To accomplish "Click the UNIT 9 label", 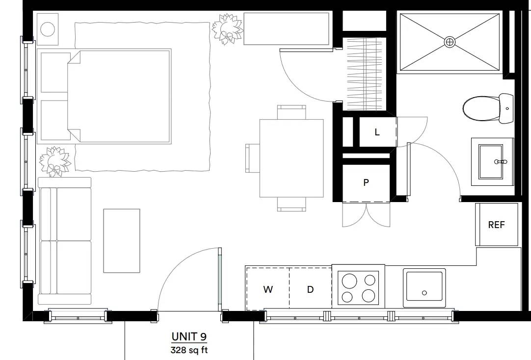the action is pyautogui.click(x=189, y=336).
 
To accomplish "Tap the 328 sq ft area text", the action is pyautogui.click(x=189, y=350).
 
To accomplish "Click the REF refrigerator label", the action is pyautogui.click(x=497, y=225).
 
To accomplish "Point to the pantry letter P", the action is pyautogui.click(x=366, y=183).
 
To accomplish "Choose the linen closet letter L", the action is pyautogui.click(x=377, y=132).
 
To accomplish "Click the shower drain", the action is pyautogui.click(x=450, y=42).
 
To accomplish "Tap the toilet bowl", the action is pyautogui.click(x=481, y=108).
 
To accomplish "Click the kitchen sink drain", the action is pyautogui.click(x=425, y=293).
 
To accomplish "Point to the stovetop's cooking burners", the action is pyautogui.click(x=358, y=288).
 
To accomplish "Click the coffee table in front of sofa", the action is pyautogui.click(x=122, y=240).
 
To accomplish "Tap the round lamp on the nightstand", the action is pyautogui.click(x=48, y=29).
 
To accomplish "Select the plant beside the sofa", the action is pyautogui.click(x=55, y=161).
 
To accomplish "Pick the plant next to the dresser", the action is pyautogui.click(x=227, y=28).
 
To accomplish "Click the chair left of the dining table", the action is pyautogui.click(x=253, y=158).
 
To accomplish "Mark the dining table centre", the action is pyautogui.click(x=292, y=158).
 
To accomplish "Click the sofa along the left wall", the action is pyautogui.click(x=64, y=240).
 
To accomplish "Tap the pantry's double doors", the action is pyautogui.click(x=366, y=214).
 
